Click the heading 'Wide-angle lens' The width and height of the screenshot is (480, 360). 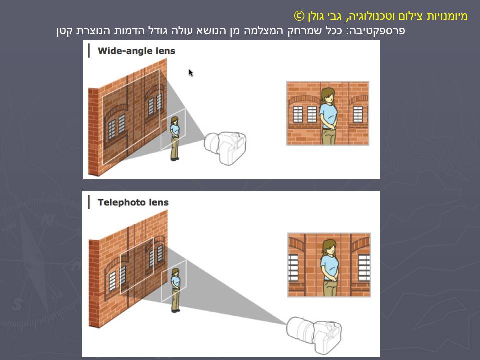coord(136,51)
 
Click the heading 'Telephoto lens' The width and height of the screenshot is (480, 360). coord(133,202)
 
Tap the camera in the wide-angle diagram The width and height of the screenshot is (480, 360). coord(226,147)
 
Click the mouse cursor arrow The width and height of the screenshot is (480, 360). coord(191,73)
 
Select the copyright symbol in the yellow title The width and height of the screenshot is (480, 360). coord(298,16)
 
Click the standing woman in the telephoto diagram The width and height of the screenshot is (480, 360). coord(175,290)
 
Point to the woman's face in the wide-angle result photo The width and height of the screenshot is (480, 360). coord(328,97)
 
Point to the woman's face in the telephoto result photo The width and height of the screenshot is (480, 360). coord(329,248)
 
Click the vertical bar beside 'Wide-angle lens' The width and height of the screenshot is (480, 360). coord(89,51)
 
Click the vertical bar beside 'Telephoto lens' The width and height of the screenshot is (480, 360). coord(89,202)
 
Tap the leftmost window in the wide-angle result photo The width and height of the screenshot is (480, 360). coord(298,114)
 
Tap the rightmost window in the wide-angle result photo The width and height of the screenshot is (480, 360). coord(358,114)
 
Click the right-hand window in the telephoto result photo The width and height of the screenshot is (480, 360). coord(364,267)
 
